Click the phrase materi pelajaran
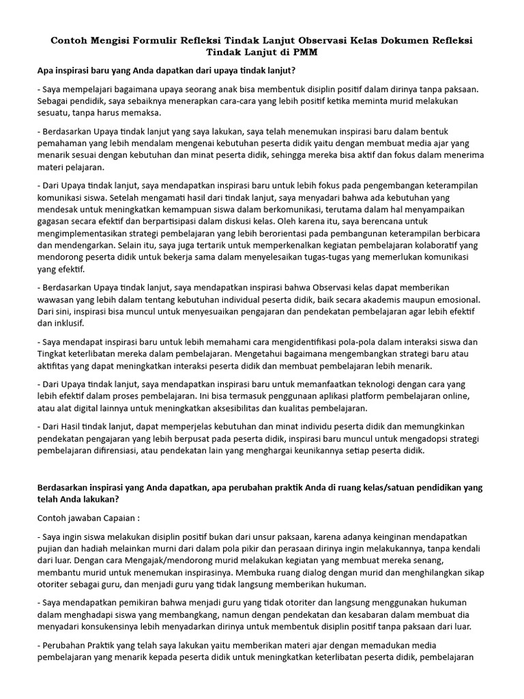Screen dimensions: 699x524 click(x=70, y=167)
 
